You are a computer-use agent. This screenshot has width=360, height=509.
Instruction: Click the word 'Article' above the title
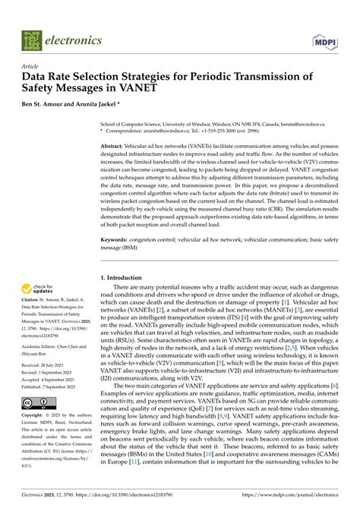[x=30, y=67]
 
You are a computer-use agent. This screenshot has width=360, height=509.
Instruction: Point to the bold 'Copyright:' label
[x=35, y=416]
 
